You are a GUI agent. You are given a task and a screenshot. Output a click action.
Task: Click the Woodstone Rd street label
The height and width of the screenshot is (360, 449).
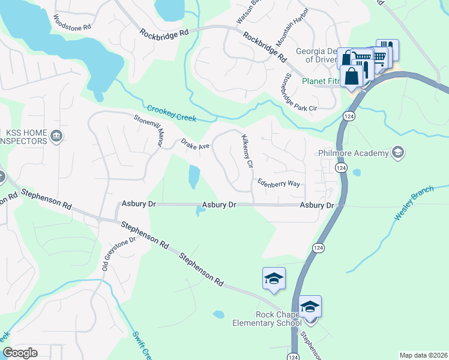tap(72, 22)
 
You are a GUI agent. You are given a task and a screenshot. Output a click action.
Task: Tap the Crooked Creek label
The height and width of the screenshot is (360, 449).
tap(172, 114)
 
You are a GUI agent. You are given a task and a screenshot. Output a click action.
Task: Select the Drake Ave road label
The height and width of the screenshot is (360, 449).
tap(194, 145)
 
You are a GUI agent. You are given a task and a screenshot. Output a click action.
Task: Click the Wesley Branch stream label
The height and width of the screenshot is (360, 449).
tap(414, 205)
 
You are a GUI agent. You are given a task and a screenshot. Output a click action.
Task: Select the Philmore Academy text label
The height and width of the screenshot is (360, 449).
tap(354, 153)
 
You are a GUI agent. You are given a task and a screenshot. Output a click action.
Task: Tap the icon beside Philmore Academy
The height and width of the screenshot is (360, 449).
tap(397, 153)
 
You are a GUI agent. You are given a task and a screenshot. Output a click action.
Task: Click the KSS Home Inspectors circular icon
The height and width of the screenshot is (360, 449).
tap(56, 136)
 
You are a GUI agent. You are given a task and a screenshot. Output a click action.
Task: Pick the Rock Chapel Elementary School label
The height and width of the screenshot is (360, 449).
tap(267, 319)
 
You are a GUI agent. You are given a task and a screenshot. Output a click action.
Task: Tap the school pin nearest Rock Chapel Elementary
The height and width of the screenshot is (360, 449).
tap(310, 307)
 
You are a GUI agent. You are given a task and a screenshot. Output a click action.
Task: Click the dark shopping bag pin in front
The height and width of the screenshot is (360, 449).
tap(352, 77)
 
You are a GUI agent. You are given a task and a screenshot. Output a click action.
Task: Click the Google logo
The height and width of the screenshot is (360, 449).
tap(20, 353)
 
